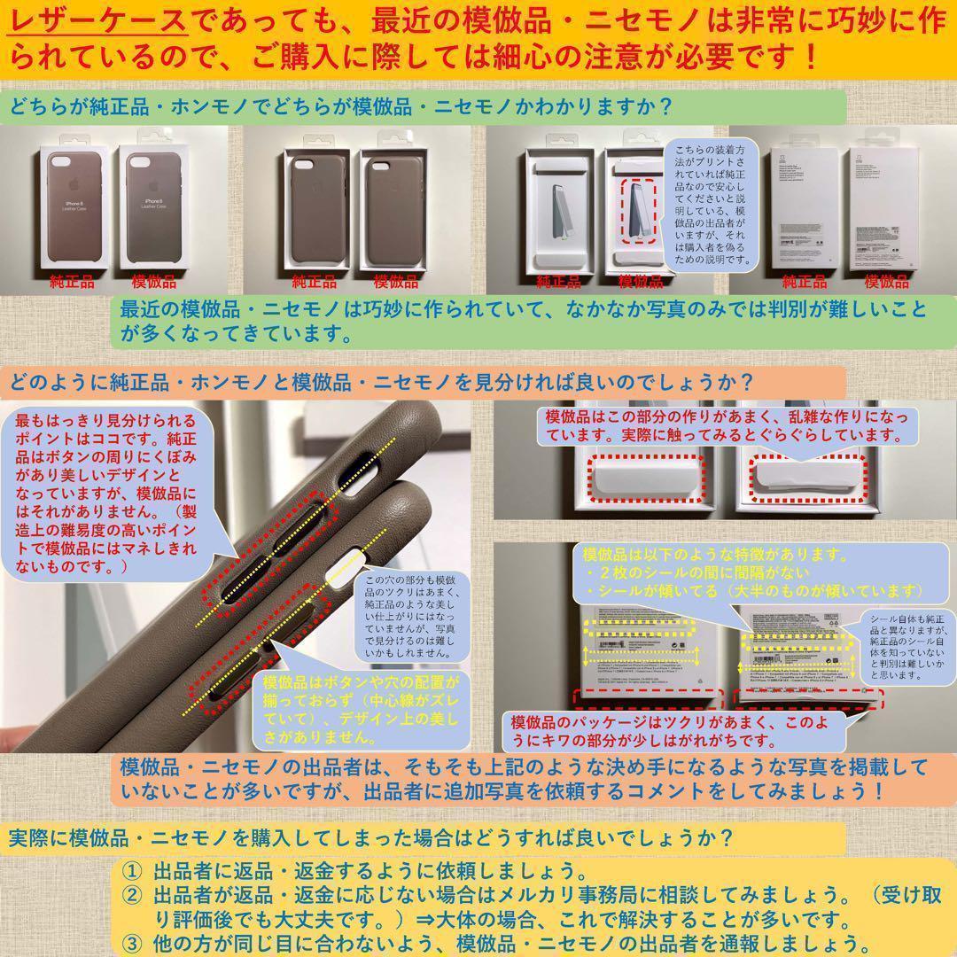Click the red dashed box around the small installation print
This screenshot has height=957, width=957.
pos(640,212)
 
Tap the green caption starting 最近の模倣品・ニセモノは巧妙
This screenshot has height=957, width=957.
pos(523,322)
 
